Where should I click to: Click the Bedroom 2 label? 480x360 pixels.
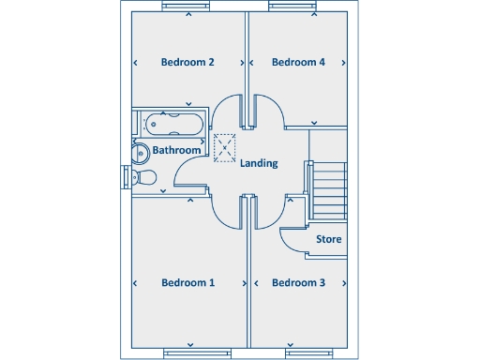click(187, 63)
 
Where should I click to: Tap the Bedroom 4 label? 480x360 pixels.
click(298, 63)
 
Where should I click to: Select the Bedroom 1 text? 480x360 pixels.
click(187, 282)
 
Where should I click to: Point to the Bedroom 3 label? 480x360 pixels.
click(298, 282)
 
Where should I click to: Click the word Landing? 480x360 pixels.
click(259, 163)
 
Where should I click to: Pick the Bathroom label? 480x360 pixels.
click(176, 150)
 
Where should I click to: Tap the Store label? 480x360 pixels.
click(328, 239)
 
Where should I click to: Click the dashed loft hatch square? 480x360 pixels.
click(225, 148)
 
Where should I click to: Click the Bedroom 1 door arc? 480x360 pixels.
click(225, 214)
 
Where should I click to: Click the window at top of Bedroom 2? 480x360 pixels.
click(187, 7)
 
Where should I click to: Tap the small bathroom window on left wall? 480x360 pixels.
click(126, 177)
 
